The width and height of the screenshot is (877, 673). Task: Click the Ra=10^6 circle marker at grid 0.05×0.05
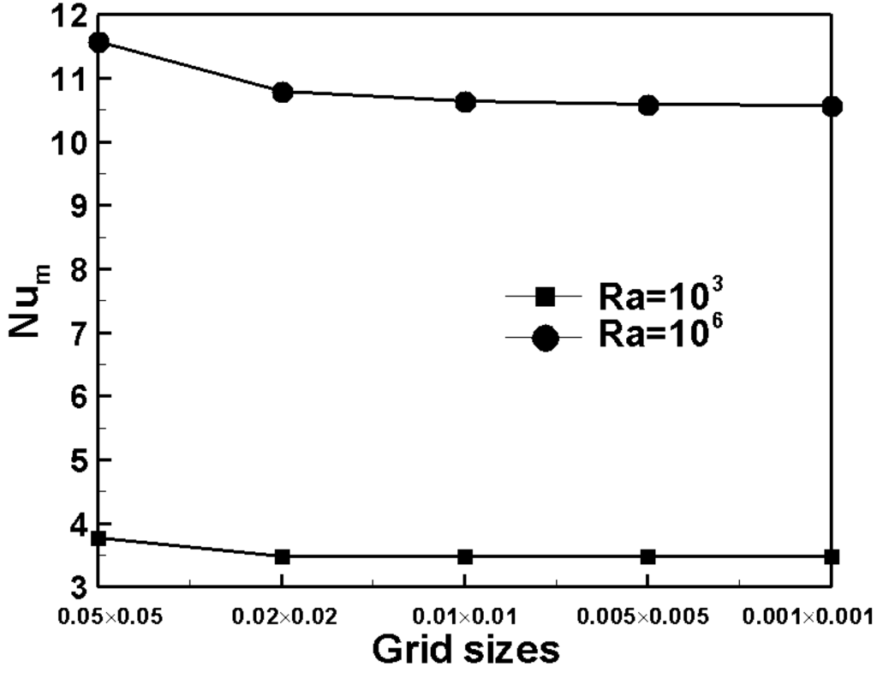98,42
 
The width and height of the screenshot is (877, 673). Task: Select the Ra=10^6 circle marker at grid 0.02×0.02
282,92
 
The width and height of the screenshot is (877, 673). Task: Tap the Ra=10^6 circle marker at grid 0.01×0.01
465,102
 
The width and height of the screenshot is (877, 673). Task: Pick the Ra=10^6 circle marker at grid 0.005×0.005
648,105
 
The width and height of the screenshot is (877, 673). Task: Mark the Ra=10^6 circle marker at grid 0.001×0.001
832,106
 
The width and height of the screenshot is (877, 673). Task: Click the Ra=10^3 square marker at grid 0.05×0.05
98,538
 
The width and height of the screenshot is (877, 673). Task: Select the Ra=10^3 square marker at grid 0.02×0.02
282,556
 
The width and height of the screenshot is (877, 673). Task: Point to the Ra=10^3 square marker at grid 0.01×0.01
465,556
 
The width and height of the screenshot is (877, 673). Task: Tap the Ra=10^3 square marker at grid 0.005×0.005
648,556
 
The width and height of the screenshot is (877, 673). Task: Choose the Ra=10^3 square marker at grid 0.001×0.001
832,556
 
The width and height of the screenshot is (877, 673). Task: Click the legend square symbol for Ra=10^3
546,297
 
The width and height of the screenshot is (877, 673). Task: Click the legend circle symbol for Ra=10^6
546,338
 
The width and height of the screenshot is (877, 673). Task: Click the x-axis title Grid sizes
465,649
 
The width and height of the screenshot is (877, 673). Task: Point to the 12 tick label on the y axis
69,15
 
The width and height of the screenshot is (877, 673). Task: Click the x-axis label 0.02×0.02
282,615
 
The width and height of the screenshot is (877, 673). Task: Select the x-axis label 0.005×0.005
648,615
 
